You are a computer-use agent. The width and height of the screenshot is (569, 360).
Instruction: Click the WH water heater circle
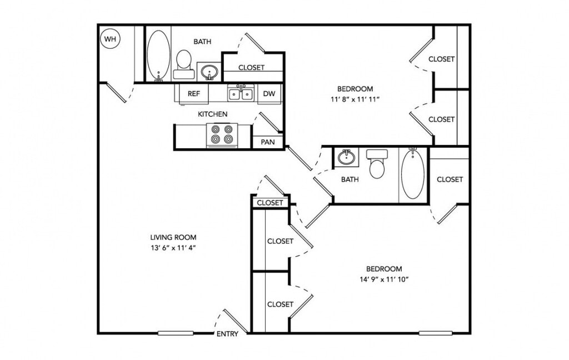[x=110, y=38]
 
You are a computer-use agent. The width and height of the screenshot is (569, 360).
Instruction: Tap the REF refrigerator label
[x=194, y=94]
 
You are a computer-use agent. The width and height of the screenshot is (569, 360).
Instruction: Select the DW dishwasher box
[x=269, y=94]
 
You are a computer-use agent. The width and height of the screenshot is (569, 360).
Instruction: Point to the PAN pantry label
[x=268, y=142]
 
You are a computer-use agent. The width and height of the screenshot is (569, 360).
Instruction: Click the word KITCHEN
[x=213, y=114]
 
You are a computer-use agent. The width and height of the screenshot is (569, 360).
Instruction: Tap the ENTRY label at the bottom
[x=227, y=334]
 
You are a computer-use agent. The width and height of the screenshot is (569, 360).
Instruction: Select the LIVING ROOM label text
[x=173, y=237]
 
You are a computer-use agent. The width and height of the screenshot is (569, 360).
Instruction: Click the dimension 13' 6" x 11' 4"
[x=173, y=248]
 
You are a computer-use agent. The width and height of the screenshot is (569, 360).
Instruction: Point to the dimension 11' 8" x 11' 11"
[x=355, y=99]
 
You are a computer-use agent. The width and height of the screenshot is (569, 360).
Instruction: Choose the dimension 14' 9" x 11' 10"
[x=385, y=279]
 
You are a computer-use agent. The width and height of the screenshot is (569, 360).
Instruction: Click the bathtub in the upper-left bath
[x=158, y=55]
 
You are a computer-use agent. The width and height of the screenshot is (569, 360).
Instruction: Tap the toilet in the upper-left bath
[x=183, y=64]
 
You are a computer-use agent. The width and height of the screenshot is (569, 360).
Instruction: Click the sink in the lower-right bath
[x=347, y=157]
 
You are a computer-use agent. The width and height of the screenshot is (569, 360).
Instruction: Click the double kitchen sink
[x=241, y=94]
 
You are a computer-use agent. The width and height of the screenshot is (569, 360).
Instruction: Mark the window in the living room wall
[x=176, y=333]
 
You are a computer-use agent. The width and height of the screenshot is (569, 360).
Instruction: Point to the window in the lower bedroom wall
[x=436, y=333]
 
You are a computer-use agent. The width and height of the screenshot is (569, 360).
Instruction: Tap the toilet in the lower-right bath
[x=377, y=164]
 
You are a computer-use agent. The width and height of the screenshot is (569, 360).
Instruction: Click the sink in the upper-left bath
[x=208, y=72]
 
